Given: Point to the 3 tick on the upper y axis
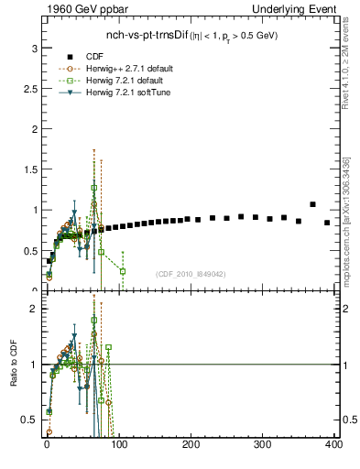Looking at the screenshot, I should tap(34, 48).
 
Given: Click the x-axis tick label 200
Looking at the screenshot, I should tap(191, 444).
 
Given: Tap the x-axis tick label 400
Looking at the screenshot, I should tap(333, 444).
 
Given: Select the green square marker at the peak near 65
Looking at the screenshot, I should tap(93, 188).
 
